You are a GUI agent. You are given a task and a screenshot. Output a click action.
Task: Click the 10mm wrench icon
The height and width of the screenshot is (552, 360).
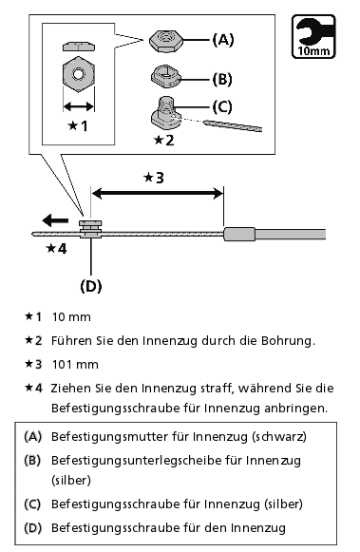[x=313, y=36]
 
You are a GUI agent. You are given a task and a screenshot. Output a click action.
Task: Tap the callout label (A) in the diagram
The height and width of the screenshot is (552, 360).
[x=223, y=40]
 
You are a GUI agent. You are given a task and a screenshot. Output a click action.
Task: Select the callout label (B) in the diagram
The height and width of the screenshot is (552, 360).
[x=222, y=80]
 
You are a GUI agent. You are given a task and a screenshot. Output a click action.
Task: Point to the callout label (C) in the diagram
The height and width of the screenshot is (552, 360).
[x=222, y=106]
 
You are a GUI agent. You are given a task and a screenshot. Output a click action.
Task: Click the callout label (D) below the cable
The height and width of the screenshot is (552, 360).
[x=91, y=286]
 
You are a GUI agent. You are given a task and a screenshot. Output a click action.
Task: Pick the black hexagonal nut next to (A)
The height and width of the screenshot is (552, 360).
[x=165, y=41]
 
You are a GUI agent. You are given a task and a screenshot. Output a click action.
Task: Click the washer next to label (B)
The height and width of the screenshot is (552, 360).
[x=165, y=76]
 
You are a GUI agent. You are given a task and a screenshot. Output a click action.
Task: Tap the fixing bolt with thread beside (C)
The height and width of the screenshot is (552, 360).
[x=165, y=112]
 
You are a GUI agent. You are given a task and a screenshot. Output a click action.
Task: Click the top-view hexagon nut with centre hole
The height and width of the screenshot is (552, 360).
[x=79, y=74]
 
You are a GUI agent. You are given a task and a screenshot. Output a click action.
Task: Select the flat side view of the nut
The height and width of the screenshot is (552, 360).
[x=79, y=47]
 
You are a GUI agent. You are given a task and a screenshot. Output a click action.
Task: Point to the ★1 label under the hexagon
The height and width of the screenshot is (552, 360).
[x=78, y=125]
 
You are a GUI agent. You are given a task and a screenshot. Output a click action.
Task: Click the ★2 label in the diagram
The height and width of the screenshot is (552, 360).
[x=164, y=140]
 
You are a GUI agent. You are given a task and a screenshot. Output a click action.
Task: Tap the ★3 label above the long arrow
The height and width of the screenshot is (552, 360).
[x=154, y=178]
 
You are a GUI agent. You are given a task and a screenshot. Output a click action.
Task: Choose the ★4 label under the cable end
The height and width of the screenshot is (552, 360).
[x=56, y=249]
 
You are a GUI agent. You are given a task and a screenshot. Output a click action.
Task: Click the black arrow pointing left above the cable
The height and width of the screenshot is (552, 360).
[x=55, y=220]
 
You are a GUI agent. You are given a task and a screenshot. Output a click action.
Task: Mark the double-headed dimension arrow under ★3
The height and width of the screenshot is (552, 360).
[x=158, y=193]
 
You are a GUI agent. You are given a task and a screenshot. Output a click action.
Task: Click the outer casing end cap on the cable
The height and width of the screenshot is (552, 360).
[x=239, y=234]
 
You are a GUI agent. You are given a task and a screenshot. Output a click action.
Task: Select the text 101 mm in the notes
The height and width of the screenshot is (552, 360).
[x=75, y=365]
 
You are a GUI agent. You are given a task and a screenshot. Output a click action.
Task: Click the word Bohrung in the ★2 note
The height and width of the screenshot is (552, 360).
[x=288, y=341]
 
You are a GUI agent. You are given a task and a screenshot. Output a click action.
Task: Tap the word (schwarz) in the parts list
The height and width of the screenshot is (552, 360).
[x=279, y=436]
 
